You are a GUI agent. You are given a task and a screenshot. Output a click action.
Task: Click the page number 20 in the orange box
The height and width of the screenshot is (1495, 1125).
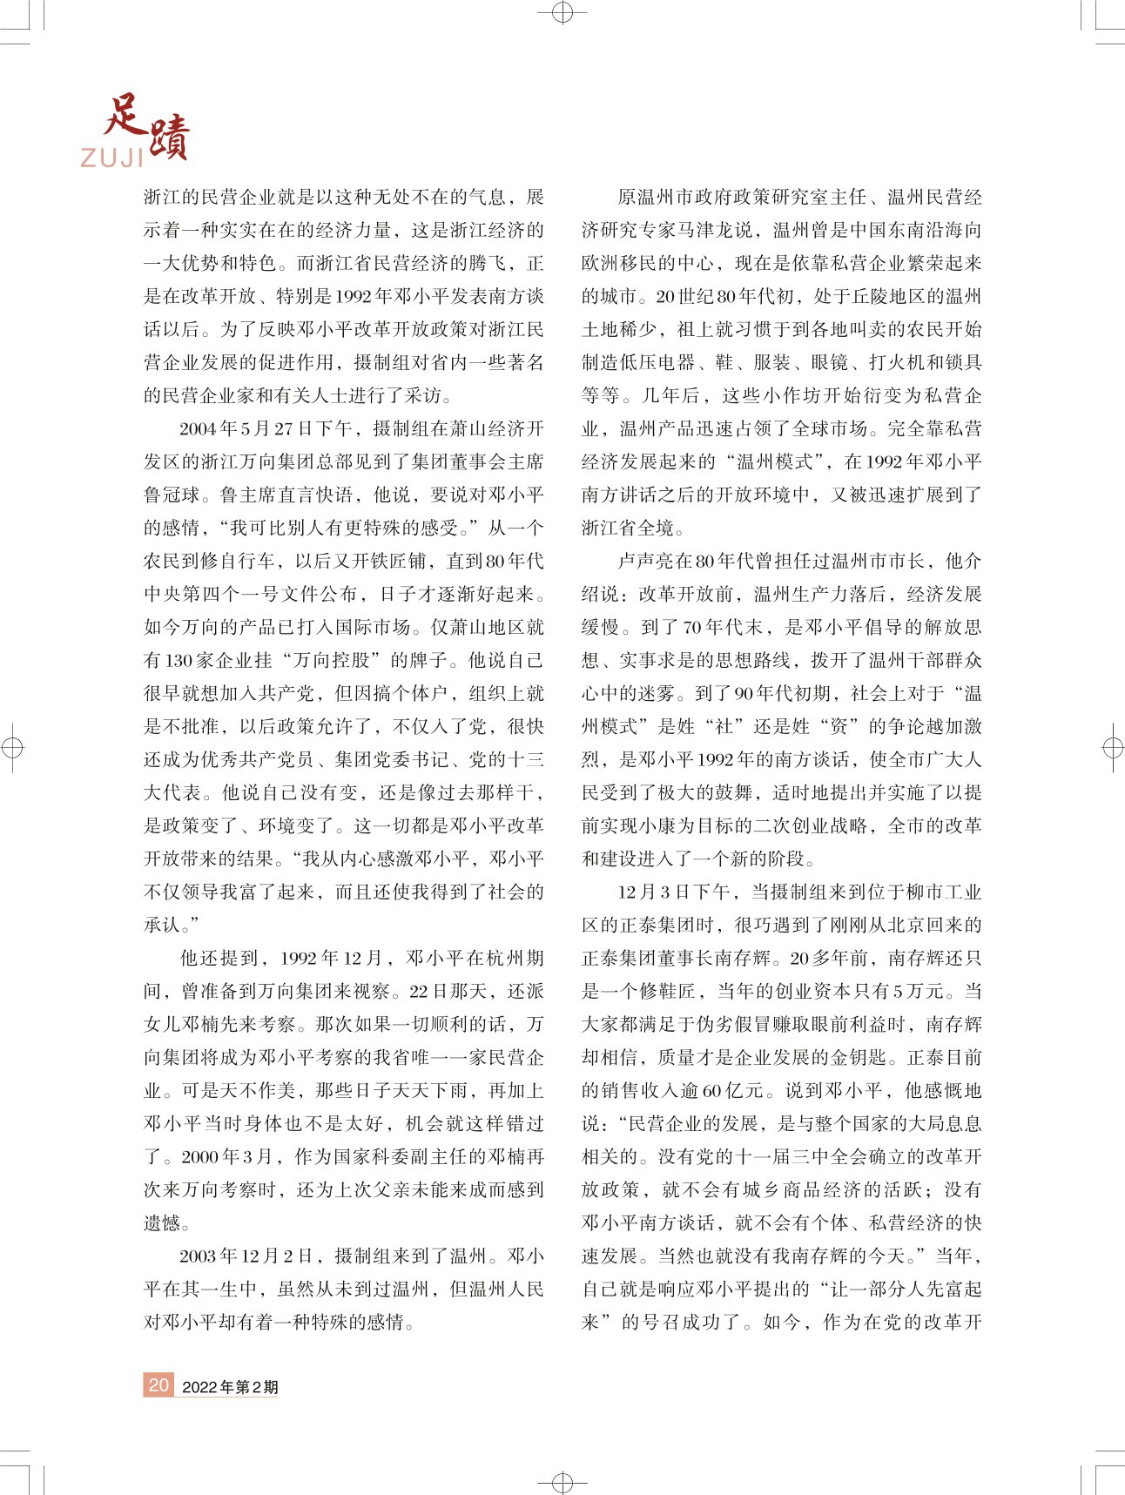(x=158, y=1384)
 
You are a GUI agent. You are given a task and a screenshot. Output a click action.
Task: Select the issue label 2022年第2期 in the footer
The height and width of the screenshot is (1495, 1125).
(x=230, y=1387)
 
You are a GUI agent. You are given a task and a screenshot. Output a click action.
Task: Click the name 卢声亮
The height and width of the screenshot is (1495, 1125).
(x=645, y=561)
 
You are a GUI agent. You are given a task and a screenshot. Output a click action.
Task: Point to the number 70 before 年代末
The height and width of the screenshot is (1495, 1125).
(x=693, y=627)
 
